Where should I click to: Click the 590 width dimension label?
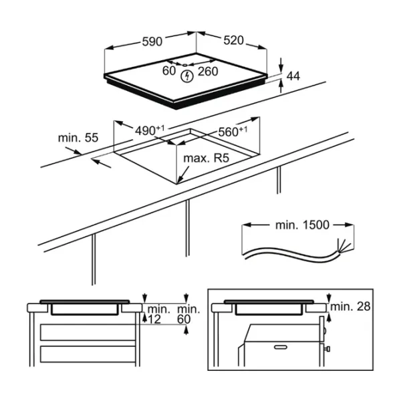point(152,41)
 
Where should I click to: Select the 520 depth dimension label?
point(233,40)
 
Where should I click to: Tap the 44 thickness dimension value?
point(293,76)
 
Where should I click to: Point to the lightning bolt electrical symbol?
point(187,76)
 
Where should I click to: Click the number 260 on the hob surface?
point(208,72)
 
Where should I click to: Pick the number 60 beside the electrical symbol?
point(169,71)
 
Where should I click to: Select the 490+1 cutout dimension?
point(150,130)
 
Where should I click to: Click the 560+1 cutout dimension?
point(233,132)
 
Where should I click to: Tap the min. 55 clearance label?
point(78,138)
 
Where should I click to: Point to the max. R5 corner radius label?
point(206,158)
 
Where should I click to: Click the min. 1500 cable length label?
point(302,225)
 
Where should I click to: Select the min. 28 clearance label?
point(350,306)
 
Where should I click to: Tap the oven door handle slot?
point(281,347)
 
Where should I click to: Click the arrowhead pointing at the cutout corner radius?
point(180,180)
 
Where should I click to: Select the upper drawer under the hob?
point(88,332)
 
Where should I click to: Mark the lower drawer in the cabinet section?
point(88,354)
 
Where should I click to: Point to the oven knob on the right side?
point(327,349)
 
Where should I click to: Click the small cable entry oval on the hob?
point(185,65)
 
